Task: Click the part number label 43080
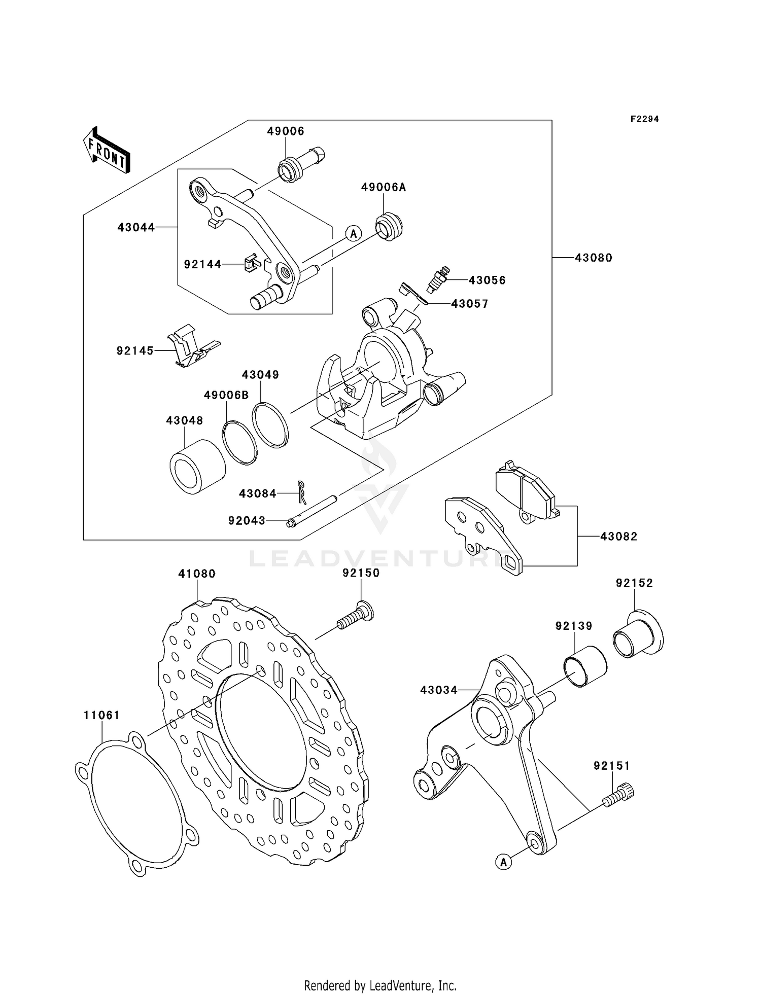[593, 258]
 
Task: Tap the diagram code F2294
[644, 119]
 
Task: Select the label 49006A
[384, 188]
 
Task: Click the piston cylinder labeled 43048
[197, 467]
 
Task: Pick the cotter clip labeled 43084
[302, 492]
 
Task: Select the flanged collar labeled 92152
[638, 634]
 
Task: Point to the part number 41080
[197, 574]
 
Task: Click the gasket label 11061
[101, 715]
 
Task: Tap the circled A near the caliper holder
[354, 233]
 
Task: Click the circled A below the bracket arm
[503, 862]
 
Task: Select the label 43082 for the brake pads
[618, 536]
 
